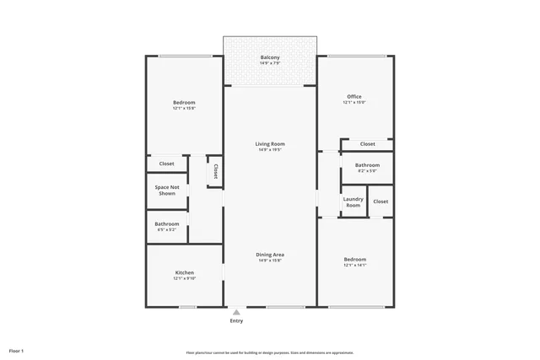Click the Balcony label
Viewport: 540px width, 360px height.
point(270,57)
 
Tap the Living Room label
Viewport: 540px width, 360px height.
point(270,144)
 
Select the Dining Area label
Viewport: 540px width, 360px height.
point(270,255)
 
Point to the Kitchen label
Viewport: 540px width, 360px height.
point(185,272)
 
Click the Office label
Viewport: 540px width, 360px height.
point(354,97)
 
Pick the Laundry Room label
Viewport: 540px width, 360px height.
point(353,202)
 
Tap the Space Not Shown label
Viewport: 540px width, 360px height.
point(167,190)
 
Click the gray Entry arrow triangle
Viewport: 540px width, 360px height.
point(236,311)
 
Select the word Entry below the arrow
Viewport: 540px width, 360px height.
point(236,321)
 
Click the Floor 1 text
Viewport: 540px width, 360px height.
point(17,350)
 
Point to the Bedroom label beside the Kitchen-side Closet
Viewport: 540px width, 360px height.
point(184,103)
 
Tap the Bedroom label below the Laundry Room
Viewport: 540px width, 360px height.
point(354,259)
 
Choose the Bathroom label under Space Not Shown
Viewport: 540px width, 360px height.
point(166,223)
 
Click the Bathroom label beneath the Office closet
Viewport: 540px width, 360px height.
point(367,165)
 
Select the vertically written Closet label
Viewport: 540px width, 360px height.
point(215,171)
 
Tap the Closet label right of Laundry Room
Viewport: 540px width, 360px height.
point(381,201)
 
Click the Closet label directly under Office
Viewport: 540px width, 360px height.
point(368,144)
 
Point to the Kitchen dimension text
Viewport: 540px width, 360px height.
point(185,278)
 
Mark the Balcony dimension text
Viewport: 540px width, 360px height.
point(270,63)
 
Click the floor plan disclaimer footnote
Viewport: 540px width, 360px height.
point(270,352)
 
